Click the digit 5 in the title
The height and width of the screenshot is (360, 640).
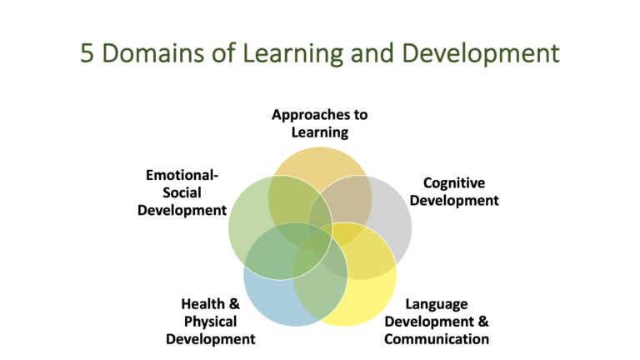pyautogui.click(x=87, y=55)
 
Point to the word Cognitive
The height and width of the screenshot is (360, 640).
pyautogui.click(x=454, y=182)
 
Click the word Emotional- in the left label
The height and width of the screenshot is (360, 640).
pyautogui.click(x=182, y=176)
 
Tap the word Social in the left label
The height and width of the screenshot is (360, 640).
pyautogui.click(x=182, y=192)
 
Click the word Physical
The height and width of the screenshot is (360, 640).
pyautogui.click(x=210, y=322)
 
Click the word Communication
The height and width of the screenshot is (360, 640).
pyautogui.click(x=436, y=338)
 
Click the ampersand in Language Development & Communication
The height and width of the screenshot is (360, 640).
pyautogui.click(x=482, y=322)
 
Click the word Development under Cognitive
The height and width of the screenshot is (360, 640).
pyautogui.click(x=460, y=200)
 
